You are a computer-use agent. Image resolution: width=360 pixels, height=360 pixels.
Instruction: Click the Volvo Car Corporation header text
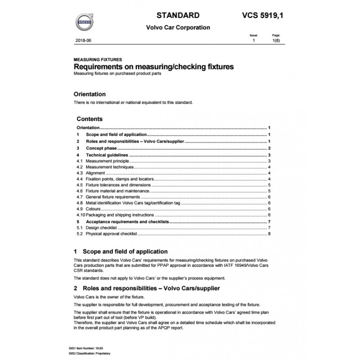pyautogui.click(x=178, y=27)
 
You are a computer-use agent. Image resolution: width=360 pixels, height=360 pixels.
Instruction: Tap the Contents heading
pyautogui.click(x=90, y=119)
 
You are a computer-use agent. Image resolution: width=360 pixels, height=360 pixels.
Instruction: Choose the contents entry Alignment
pyautogui.click(x=95, y=173)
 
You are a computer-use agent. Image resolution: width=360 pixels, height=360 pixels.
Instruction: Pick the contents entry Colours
pyautogui.click(x=93, y=209)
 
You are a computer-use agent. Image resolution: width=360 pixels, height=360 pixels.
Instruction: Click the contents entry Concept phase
pyautogui.click(x=101, y=148)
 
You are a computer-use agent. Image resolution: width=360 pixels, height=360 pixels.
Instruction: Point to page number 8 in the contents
pyautogui.click(x=269, y=234)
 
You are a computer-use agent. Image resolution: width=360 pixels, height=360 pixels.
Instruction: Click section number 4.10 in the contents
pyautogui.click(x=81, y=215)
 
